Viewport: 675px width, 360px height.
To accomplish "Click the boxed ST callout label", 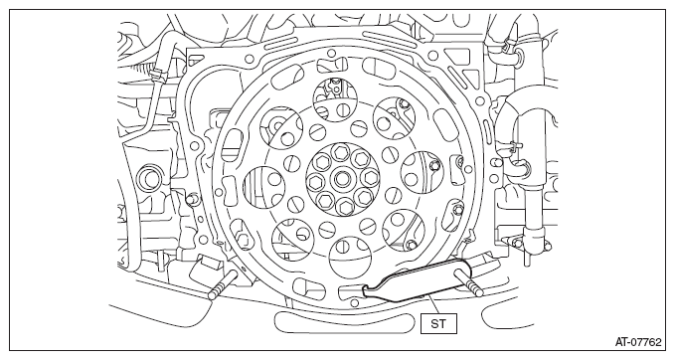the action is coord(438,323).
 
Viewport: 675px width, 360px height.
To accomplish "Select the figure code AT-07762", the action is coord(638,342).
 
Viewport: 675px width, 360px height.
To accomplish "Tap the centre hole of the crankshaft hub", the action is coord(342,177).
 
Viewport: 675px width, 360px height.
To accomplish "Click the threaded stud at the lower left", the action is coord(222,285).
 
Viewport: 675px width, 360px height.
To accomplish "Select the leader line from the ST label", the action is coord(433,304).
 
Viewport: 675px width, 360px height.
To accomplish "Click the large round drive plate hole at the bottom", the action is coord(350,258).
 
